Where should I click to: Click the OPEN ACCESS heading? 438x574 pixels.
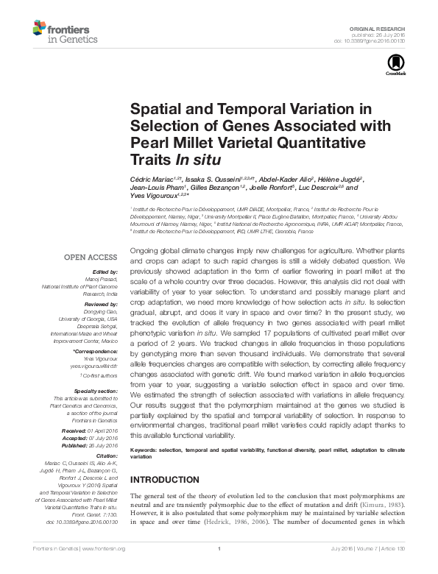(x=91, y=258)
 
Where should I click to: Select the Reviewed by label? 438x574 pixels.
(x=101, y=303)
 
